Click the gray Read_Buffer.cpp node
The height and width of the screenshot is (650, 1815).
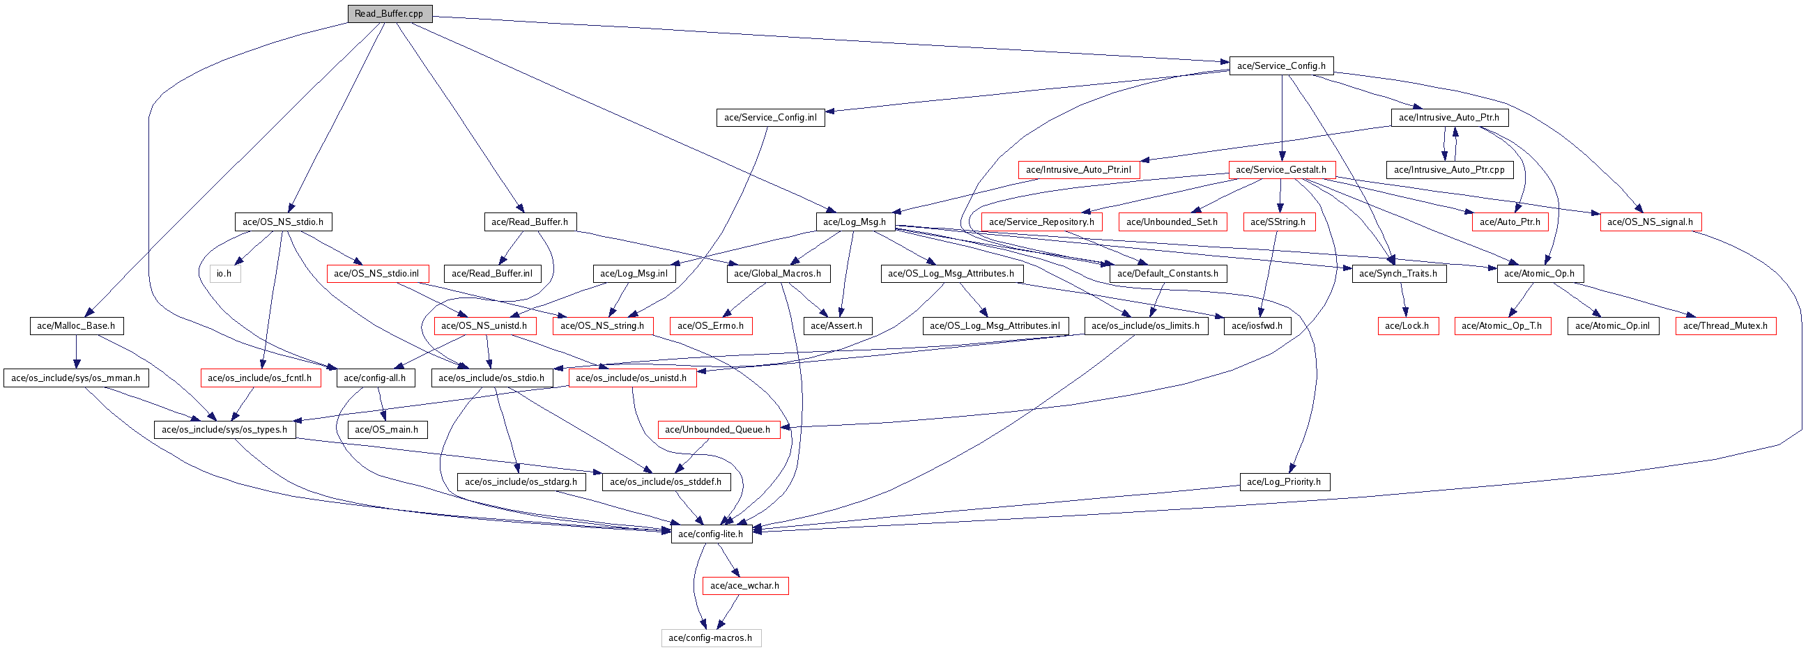click(x=389, y=13)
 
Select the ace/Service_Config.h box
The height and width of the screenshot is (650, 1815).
click(x=1281, y=65)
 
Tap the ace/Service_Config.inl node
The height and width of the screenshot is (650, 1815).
click(x=770, y=118)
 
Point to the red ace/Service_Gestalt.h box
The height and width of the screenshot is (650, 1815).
click(x=1281, y=170)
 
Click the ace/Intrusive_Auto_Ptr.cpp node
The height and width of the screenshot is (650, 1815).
click(x=1448, y=170)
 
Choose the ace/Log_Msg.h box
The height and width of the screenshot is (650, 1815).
click(x=855, y=222)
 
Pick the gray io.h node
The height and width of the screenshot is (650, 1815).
click(x=224, y=273)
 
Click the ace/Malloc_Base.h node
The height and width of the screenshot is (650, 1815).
click(x=76, y=325)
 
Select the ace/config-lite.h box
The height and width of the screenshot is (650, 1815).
click(x=710, y=534)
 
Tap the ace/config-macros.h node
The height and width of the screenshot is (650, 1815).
click(x=710, y=638)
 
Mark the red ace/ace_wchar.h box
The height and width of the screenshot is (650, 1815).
click(x=744, y=586)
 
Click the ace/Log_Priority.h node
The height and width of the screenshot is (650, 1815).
click(x=1284, y=481)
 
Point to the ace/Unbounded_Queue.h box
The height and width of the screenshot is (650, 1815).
click(x=718, y=430)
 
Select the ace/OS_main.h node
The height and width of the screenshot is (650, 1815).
click(x=386, y=430)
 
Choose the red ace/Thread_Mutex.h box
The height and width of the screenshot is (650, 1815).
click(x=1725, y=325)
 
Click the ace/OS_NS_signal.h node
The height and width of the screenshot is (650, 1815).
click(x=1650, y=222)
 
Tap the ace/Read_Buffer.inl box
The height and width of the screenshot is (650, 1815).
click(x=492, y=273)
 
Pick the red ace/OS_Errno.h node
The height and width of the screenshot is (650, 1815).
click(x=710, y=325)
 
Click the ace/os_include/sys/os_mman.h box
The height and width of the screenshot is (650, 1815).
click(x=75, y=378)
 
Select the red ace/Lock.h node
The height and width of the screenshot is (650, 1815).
click(x=1407, y=325)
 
